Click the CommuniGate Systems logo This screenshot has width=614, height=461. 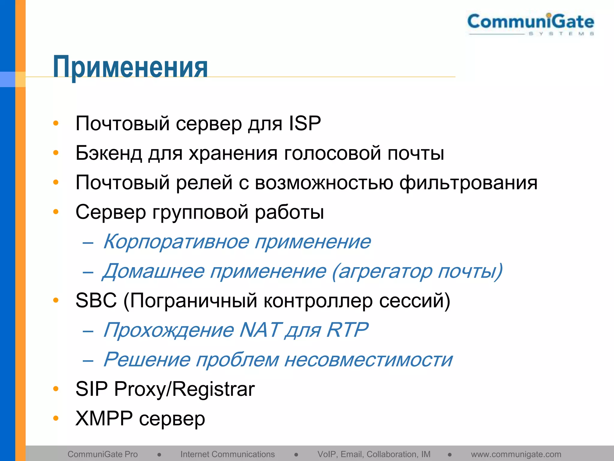point(531,24)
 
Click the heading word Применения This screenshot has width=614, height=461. point(130,67)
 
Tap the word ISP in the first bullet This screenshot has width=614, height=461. point(305,123)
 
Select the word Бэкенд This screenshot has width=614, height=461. point(109,153)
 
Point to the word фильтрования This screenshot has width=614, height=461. point(468,182)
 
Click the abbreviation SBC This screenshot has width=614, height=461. point(96,300)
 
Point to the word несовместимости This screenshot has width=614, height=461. point(368,360)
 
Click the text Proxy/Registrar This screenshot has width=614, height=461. point(184,389)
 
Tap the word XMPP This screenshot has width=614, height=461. point(104,418)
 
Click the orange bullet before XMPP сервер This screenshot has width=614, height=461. point(56,418)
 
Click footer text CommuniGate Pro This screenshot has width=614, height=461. point(103,454)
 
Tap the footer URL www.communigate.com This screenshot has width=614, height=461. point(516,454)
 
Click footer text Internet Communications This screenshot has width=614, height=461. point(227,454)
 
